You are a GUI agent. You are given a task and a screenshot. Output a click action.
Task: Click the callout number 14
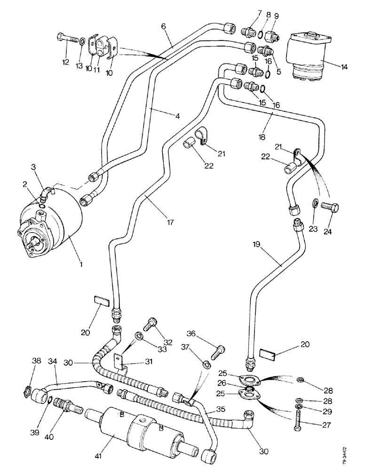click(345, 67)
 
